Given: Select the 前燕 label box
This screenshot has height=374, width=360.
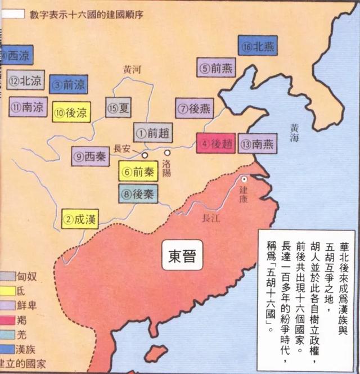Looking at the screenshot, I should coord(216,68).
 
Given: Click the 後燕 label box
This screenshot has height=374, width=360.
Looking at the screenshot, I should coord(194,107).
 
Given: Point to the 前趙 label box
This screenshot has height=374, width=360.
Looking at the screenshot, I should coord(153,134).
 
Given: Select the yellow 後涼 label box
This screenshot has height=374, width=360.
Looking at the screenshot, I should coord(71,112).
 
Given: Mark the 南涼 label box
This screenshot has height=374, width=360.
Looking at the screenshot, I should coord(26,106).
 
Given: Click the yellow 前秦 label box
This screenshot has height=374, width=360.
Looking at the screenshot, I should coord(138,171).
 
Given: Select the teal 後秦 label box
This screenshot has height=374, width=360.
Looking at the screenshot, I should coord(138,194).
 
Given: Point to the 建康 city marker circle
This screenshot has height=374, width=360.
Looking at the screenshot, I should coord(244,179).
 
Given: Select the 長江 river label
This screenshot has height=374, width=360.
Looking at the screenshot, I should coord(209,220).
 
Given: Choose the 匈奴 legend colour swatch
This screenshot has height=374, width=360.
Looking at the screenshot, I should coord(7,276).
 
